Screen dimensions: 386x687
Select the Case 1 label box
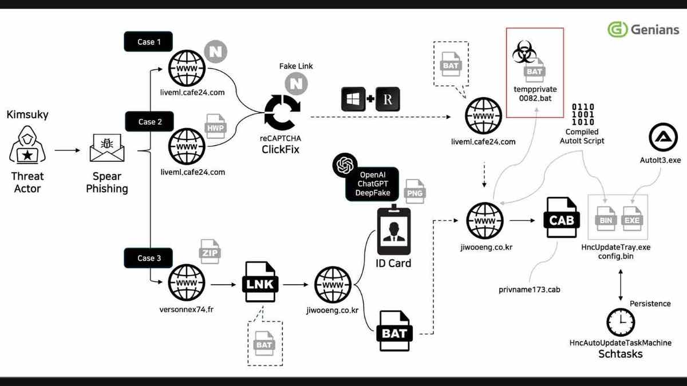coord(148,42)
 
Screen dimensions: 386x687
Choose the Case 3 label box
coord(148,258)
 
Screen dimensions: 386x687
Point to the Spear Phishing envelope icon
coord(106,150)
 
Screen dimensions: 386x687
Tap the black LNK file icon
coord(262,283)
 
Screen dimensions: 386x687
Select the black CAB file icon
coord(561,220)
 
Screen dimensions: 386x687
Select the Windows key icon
coord(353,99)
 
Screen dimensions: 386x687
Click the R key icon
coord(388,99)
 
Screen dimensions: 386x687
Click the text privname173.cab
coord(529,290)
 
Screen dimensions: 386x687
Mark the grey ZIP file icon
coord(210,252)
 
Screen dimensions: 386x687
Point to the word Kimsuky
coord(27,114)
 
